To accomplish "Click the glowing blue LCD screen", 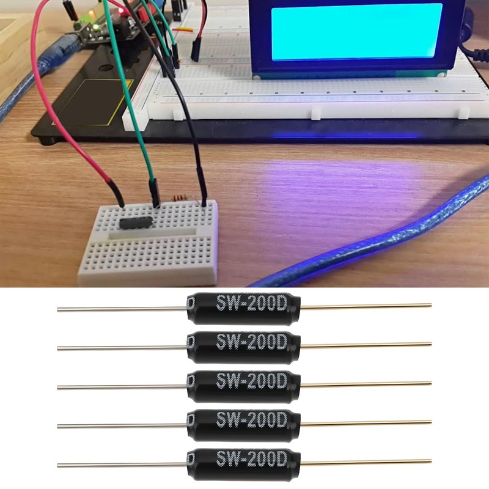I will [x=356, y=32].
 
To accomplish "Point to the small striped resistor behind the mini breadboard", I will [x=179, y=198].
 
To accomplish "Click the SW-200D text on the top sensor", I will [x=251, y=302].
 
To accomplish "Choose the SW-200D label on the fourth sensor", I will [x=251, y=419].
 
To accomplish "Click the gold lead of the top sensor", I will [x=367, y=306].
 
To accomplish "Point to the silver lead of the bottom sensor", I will [x=122, y=465].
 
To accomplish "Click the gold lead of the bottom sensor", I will [x=367, y=461].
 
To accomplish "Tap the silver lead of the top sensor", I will [x=122, y=309].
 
